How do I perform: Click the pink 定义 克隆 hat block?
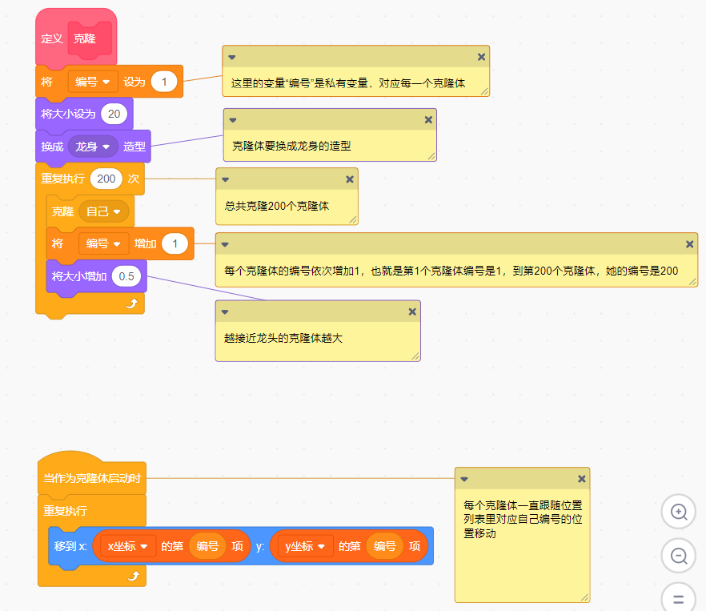click(56, 39)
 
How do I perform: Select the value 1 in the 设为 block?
click(163, 82)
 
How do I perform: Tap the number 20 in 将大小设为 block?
click(114, 114)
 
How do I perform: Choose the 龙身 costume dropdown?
click(93, 147)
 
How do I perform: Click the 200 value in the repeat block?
click(106, 179)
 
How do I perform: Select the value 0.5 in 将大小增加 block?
click(126, 276)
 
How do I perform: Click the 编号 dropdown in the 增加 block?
click(103, 243)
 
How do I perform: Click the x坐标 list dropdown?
click(128, 546)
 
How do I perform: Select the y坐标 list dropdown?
click(305, 546)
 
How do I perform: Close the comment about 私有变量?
click(481, 57)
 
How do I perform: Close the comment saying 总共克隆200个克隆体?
click(350, 179)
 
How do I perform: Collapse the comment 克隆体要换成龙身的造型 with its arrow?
click(233, 119)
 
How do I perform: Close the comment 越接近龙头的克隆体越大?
click(412, 312)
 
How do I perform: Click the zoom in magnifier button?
click(679, 512)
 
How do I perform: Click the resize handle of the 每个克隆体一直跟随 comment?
click(584, 597)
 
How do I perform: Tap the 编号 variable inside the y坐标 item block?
click(385, 546)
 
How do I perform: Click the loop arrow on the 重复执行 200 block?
click(133, 303)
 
